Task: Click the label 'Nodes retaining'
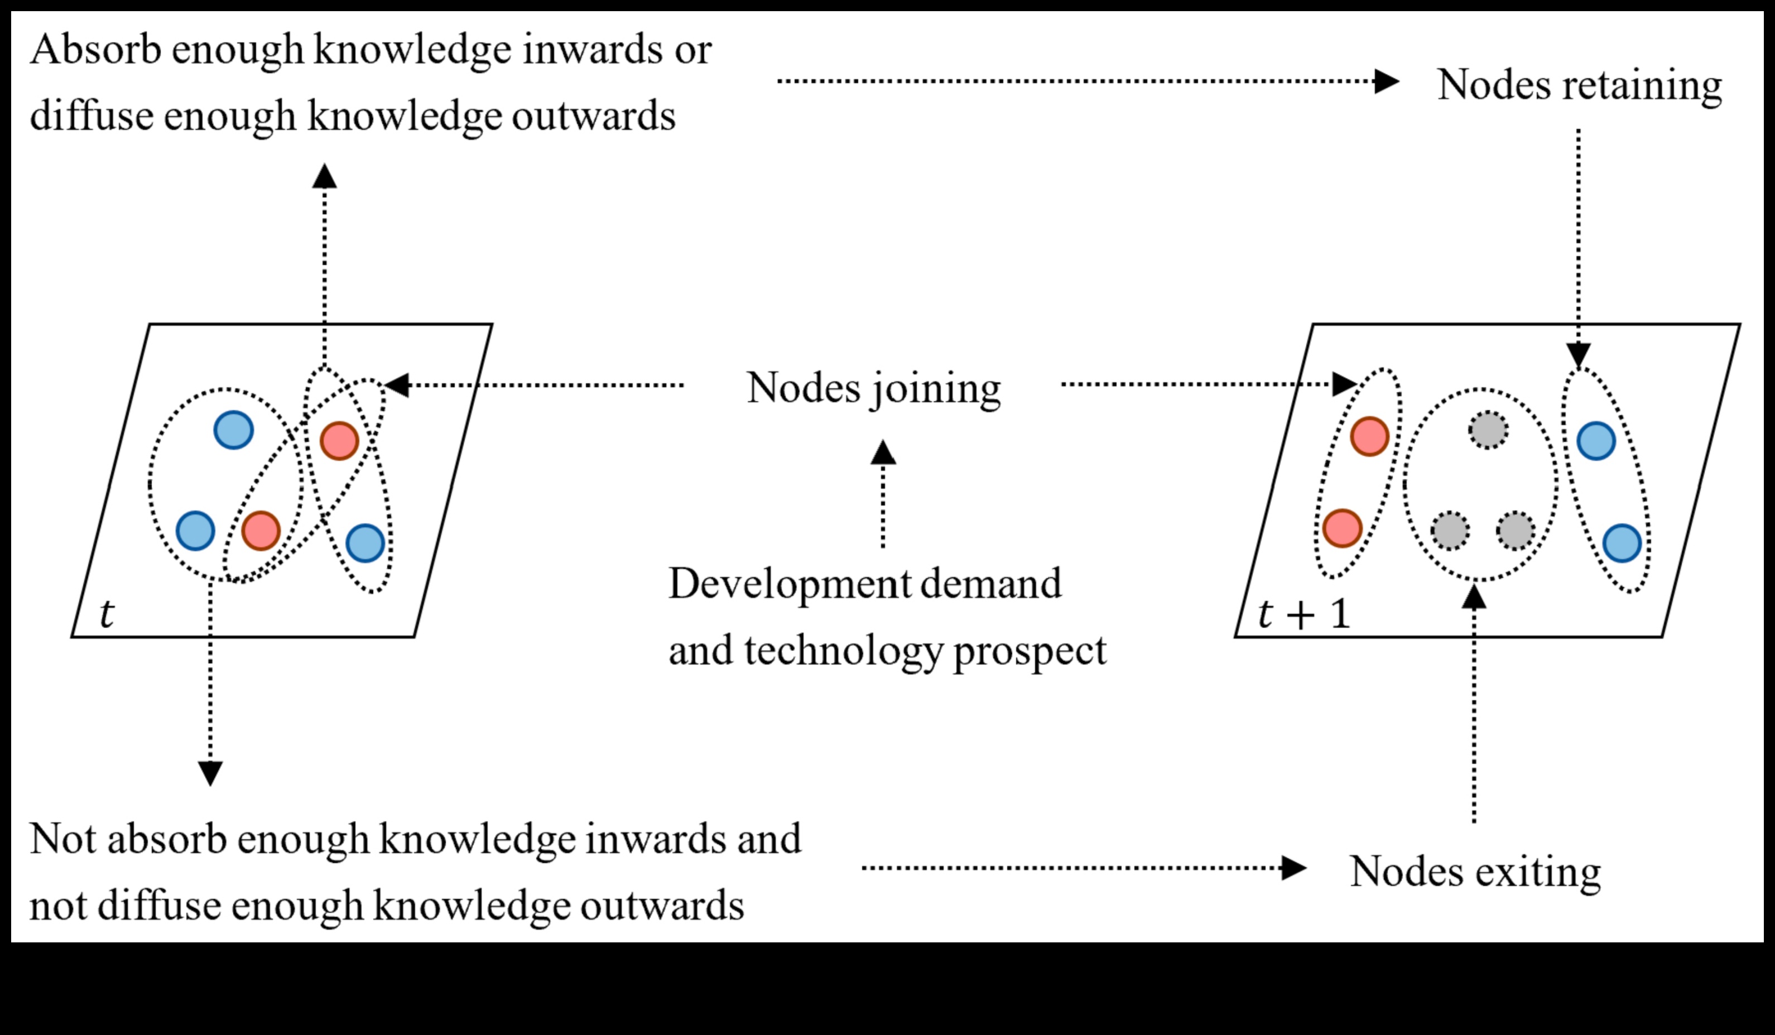coord(1579,86)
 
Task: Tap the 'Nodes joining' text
coord(873,388)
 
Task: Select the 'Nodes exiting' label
coord(1475,872)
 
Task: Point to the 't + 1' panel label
coord(1304,614)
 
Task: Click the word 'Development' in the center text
coord(787,584)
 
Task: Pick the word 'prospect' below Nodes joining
coord(1030,651)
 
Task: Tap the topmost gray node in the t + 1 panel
coord(1488,430)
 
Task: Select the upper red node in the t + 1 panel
coord(1369,436)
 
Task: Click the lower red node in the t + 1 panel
coord(1342,528)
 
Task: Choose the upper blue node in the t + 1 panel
coord(1596,441)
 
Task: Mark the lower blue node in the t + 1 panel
coord(1622,543)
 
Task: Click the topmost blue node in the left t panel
coord(233,430)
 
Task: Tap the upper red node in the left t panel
coord(339,441)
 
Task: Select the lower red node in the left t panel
coord(261,530)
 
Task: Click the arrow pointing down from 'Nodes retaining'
coord(1579,247)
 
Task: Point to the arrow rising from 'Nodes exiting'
coord(1474,704)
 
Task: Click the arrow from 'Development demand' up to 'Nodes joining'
coord(883,493)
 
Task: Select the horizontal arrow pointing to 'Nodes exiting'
coord(1085,868)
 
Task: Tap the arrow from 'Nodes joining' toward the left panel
coord(535,385)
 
